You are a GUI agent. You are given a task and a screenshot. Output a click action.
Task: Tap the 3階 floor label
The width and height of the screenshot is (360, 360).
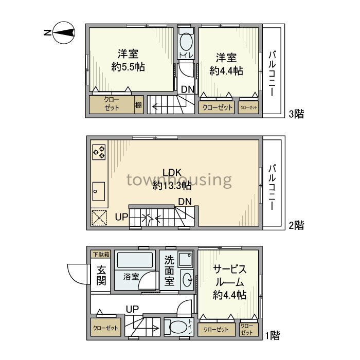coord(296,114)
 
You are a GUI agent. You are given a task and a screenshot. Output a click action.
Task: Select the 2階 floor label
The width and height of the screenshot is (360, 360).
coord(296,225)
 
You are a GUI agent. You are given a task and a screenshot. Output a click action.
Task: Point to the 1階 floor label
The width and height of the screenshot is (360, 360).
coord(273,335)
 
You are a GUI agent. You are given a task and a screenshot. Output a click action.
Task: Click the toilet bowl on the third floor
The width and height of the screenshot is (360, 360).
coord(186,41)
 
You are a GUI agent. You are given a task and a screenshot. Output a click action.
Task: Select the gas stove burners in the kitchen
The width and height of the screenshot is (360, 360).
coord(99,152)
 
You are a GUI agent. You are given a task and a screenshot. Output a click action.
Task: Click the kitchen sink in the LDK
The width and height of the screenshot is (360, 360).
coord(99,191)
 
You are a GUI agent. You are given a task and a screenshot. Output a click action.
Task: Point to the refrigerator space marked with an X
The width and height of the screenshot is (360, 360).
coord(99,218)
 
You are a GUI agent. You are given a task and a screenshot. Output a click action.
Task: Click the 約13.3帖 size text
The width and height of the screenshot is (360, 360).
coord(172,186)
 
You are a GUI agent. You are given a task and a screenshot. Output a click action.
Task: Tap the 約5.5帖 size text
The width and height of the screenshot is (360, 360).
coord(128,67)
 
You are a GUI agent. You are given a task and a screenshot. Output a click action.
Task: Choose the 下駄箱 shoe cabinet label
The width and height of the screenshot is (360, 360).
coord(101,254)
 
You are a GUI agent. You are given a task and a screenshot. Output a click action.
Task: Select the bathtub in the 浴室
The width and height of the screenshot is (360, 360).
coord(135,260)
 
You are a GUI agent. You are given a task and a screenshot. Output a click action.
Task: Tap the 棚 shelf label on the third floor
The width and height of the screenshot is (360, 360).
coord(138,105)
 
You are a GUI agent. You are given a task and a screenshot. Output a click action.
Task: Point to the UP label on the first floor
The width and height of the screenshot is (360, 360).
coord(133,309)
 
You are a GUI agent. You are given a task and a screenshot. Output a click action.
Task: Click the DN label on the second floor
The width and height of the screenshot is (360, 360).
coord(185,202)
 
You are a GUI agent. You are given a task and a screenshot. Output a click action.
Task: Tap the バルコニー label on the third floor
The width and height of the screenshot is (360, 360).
coord(272,73)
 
